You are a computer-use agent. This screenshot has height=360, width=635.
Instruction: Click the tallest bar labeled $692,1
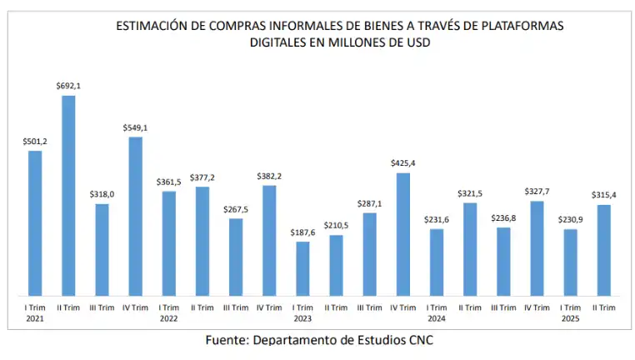pyautogui.click(x=68, y=195)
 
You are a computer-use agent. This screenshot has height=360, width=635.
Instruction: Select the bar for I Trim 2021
pyautogui.click(x=35, y=222)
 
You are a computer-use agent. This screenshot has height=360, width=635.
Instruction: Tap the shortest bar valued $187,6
pyautogui.click(x=302, y=268)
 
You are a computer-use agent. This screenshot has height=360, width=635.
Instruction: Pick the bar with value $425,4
pyautogui.click(x=402, y=233)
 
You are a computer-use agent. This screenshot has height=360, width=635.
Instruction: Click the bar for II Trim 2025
pyautogui.click(x=603, y=249)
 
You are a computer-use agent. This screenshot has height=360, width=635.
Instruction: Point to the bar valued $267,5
pyautogui.click(x=236, y=257)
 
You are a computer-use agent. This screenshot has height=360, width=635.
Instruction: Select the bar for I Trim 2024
pyautogui.click(x=437, y=262)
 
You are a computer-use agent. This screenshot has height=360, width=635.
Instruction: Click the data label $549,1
pyautogui.click(x=136, y=127)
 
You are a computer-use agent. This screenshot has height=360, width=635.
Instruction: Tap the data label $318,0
pyautogui.click(x=102, y=194)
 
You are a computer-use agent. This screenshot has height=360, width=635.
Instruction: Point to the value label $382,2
pyautogui.click(x=269, y=176)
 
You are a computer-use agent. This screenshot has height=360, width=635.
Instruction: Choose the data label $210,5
pyautogui.click(x=336, y=225)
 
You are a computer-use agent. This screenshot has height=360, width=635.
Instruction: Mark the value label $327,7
pyautogui.click(x=537, y=192)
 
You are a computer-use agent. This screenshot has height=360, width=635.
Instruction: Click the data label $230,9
pyautogui.click(x=570, y=219)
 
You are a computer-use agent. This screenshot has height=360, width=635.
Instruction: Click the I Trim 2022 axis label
pyautogui.click(x=168, y=312)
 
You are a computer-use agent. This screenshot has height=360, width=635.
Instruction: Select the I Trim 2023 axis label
pyautogui.click(x=302, y=312)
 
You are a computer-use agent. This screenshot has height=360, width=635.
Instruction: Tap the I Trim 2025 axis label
pyautogui.click(x=570, y=312)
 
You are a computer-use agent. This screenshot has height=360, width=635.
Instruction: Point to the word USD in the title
pyautogui.click(x=419, y=42)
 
